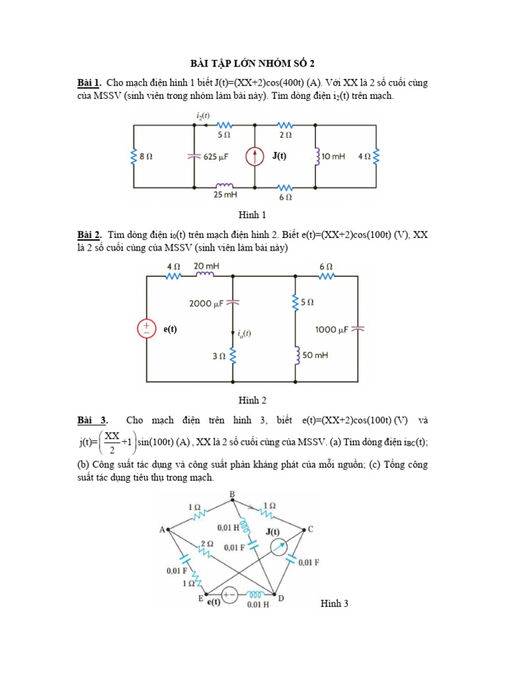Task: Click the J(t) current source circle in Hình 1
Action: (x=255, y=157)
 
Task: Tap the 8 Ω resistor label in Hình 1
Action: (x=147, y=157)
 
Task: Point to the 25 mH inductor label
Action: (x=225, y=196)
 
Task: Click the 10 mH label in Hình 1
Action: (x=334, y=157)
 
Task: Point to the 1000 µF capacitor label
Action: (x=331, y=329)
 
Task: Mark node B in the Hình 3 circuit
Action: (x=232, y=495)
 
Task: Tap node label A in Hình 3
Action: (x=162, y=529)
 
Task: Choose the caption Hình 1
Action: (x=252, y=215)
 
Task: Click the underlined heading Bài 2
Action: (x=89, y=235)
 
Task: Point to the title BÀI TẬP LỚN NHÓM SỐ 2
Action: (x=252, y=63)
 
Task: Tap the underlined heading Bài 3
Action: (x=92, y=420)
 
